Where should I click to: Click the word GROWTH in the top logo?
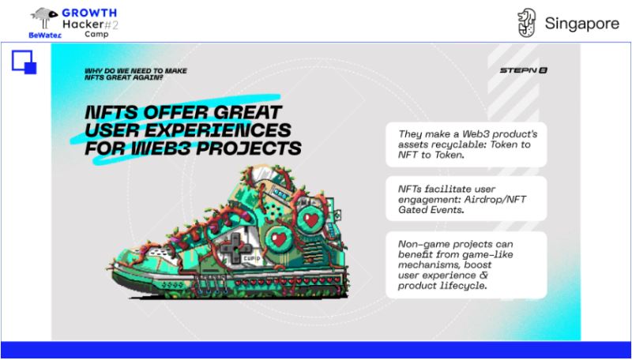[89, 13]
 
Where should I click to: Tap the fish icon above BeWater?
[45, 16]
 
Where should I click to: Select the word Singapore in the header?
[581, 24]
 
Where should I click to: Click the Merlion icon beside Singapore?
[527, 23]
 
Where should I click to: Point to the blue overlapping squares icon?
[24, 62]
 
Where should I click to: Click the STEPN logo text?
[523, 70]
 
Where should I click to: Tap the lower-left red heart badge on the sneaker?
[279, 240]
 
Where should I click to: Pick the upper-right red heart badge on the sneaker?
[310, 219]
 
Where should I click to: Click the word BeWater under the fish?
[45, 36]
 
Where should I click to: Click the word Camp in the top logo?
[96, 35]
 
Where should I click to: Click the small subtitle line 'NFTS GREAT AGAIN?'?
[124, 77]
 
